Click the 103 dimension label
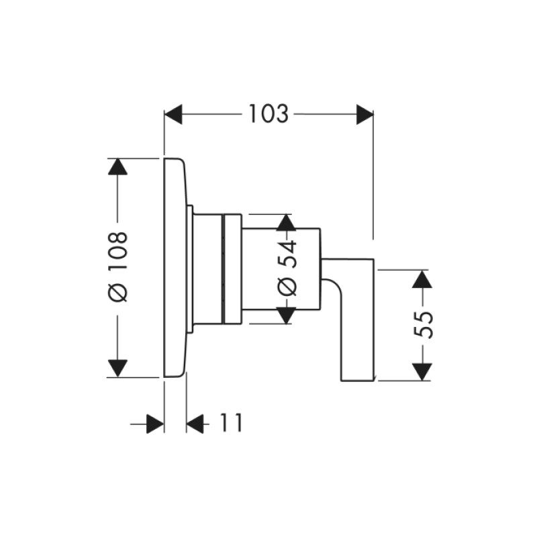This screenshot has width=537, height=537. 268,114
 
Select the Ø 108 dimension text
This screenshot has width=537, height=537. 118,266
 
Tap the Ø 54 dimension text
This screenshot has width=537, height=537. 287,268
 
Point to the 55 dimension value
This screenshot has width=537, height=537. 421,325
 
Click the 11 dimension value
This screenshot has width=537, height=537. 229,424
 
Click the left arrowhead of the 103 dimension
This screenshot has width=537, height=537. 173,114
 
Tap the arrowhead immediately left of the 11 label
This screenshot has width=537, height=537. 195,424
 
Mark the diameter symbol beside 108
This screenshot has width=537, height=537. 118,293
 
